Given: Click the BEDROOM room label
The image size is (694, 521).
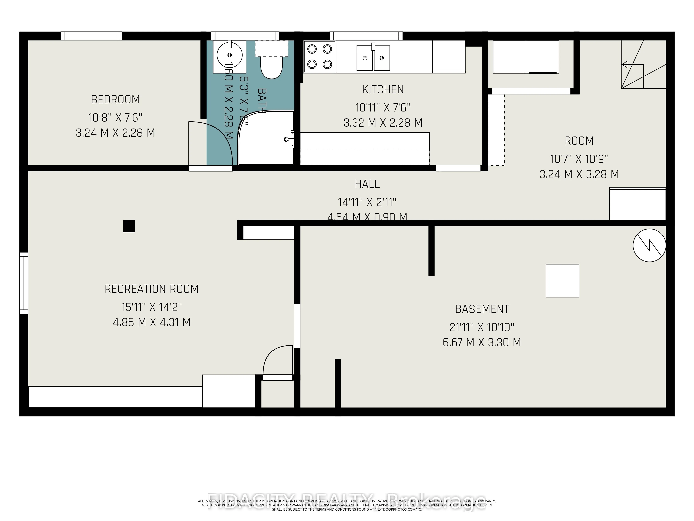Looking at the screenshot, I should tap(115, 100).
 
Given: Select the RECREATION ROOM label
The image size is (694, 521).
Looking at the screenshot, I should tap(151, 289).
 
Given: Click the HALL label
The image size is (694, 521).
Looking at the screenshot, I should tap(367, 184).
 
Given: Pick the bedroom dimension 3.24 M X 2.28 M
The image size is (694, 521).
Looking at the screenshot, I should tap(115, 133).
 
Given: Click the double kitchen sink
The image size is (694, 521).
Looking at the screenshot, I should tap(373, 58).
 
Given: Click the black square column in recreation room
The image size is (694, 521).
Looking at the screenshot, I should tap(129, 226).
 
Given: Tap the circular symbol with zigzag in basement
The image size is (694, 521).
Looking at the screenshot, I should tap(649, 245).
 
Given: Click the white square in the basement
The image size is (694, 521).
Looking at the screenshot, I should tap(562, 280).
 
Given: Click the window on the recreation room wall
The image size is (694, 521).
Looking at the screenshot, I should tap(24, 283).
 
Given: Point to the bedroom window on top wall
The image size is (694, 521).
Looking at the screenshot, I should tap(91, 36).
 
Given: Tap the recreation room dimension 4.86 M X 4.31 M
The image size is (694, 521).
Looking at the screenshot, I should tap(151, 322).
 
